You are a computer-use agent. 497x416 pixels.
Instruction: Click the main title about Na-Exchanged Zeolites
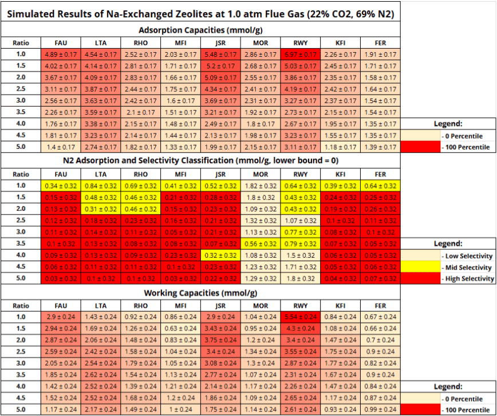coord(200,13)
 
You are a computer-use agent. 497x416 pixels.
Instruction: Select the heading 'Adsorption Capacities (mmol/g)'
coord(200,30)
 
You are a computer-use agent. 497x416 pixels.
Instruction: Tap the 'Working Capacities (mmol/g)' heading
coord(200,293)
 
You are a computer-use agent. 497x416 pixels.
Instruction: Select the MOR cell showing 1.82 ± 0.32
coord(261,186)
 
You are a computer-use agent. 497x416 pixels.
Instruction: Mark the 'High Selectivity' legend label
coord(468,278)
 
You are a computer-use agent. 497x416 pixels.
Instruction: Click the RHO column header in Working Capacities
coord(140,305)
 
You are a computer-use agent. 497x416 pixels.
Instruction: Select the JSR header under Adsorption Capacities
coord(220,43)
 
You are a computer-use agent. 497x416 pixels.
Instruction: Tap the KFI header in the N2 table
coord(341,174)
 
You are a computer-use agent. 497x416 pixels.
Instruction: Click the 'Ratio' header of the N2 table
coord(20,174)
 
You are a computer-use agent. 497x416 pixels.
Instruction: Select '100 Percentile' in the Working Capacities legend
coord(466,410)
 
